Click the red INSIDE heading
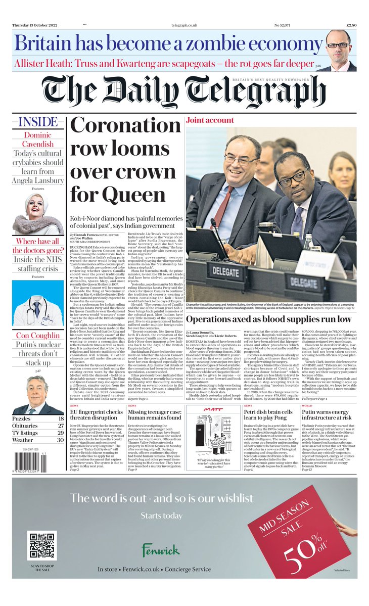point(38,122)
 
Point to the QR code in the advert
point(42,545)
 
